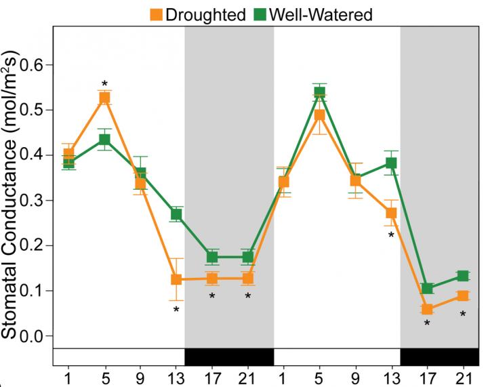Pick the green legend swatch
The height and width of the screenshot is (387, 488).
260,14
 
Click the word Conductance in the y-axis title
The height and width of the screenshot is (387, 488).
13,203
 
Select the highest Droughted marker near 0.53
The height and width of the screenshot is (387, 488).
104,98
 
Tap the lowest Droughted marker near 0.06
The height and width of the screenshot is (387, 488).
427,310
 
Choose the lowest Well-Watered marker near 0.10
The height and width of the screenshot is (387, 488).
427,289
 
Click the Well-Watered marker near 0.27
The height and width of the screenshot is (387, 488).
176,215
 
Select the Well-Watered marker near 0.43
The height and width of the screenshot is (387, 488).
104,140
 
